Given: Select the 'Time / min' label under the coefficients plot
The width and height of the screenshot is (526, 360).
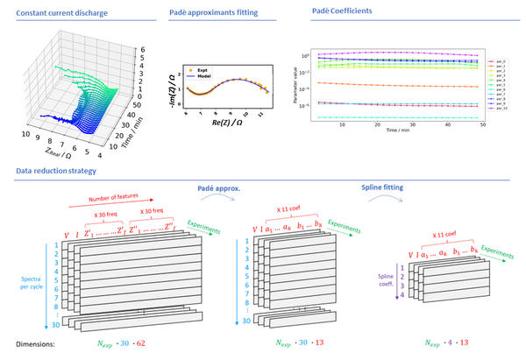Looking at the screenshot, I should [395, 131].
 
